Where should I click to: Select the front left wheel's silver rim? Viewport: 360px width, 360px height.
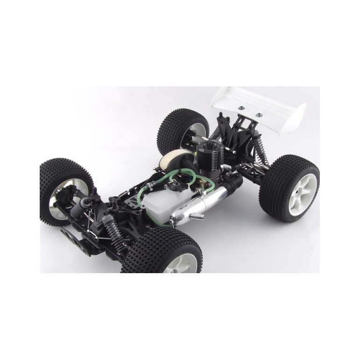coord(58,196)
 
